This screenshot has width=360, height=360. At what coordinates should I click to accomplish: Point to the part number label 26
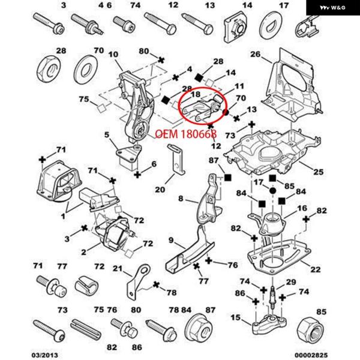[x=255, y=55]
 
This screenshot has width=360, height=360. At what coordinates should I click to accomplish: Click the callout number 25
[x=318, y=172]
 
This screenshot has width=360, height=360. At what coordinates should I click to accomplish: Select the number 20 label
[x=159, y=190]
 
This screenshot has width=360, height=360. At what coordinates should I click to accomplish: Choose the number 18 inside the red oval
[x=196, y=94]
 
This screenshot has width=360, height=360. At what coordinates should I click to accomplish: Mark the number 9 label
[x=170, y=242]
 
